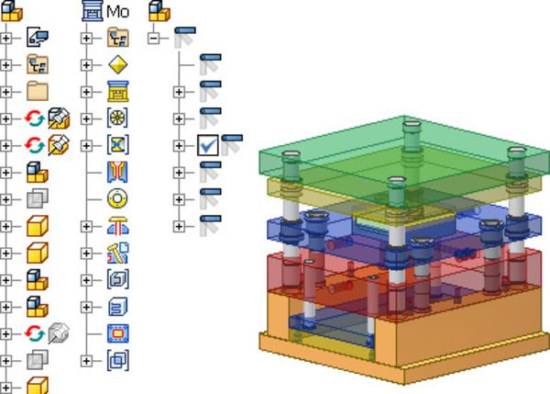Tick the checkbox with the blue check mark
point(208,145)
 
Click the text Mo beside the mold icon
point(118,12)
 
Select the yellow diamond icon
point(118,64)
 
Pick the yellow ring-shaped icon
point(117,199)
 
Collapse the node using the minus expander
point(153,38)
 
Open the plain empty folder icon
point(38,91)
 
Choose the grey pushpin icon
point(59,333)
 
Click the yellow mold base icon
point(118,92)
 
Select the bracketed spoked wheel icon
point(118,118)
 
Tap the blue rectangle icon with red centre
point(118,333)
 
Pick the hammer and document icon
point(118,253)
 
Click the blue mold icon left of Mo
point(93,11)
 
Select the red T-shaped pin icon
point(118,226)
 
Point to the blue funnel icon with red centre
point(117,172)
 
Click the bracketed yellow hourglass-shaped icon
point(118,145)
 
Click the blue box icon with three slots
point(118,307)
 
